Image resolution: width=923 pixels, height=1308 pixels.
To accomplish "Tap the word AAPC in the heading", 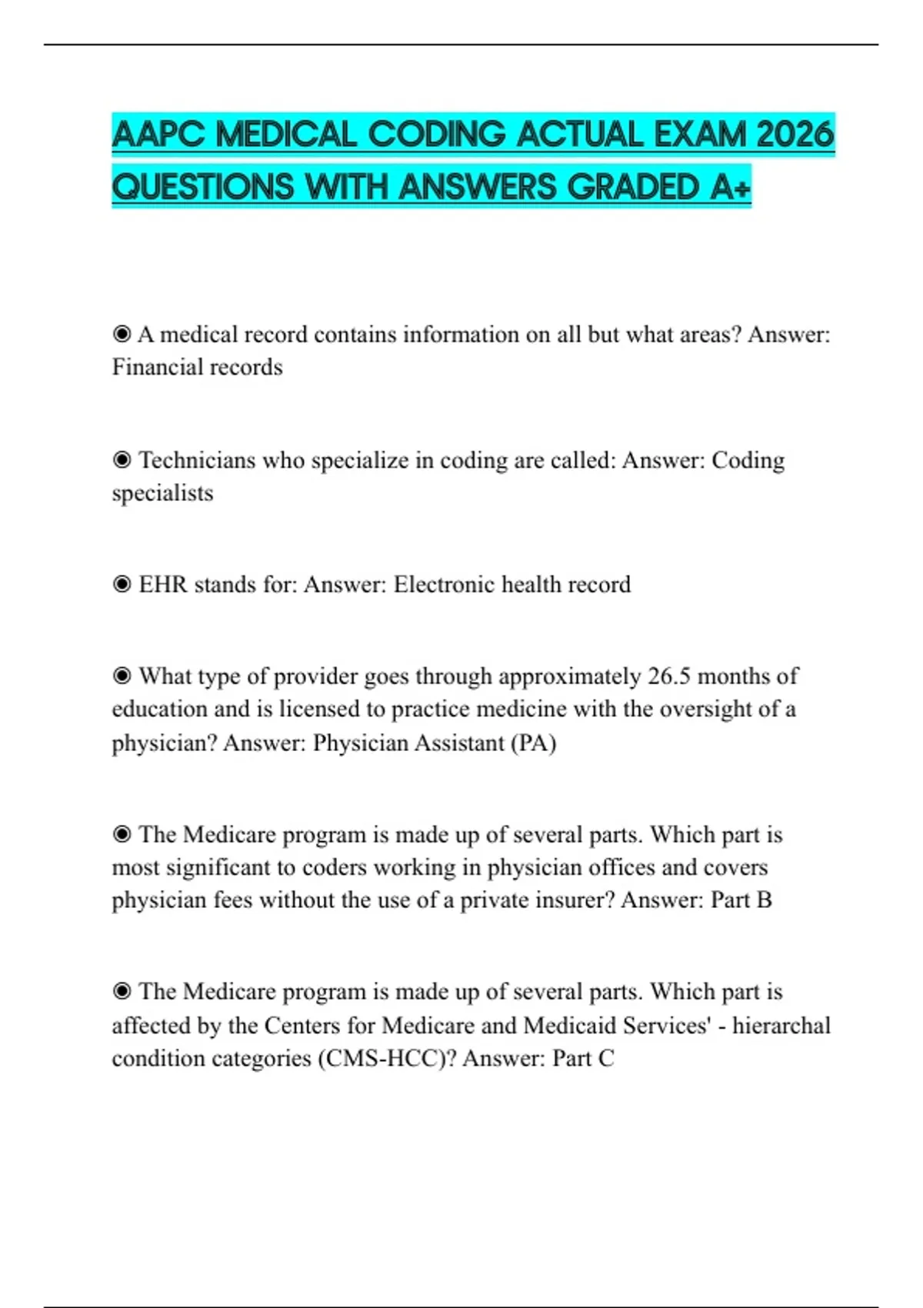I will click(158, 135).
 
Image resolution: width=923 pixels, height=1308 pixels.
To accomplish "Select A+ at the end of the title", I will click(730, 187).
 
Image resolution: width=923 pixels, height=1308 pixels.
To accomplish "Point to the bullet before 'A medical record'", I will click(122, 335).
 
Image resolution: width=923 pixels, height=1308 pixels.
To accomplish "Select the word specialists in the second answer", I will click(162, 492).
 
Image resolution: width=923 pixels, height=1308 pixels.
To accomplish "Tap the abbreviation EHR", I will click(163, 585).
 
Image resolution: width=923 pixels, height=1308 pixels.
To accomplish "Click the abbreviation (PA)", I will click(533, 743).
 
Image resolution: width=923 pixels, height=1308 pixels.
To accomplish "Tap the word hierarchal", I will click(781, 1026).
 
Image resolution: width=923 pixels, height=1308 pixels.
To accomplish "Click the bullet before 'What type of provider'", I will click(122, 676).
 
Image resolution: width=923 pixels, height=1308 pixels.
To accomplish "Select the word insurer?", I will click(570, 900).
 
